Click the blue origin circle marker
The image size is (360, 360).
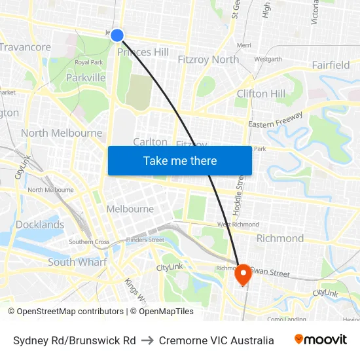click(117, 35)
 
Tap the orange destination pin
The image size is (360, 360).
click(243, 274)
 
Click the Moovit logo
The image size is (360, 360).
click(320, 340)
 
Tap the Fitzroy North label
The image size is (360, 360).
click(208, 60)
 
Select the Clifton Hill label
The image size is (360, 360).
click(261, 94)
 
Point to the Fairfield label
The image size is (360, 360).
click(331, 65)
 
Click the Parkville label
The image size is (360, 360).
click(86, 77)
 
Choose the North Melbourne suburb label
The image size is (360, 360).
click(62, 133)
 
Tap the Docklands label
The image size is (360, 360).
click(40, 225)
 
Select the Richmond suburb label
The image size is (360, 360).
click(279, 238)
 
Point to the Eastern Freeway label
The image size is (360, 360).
click(275, 120)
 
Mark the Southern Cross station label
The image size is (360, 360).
click(89, 242)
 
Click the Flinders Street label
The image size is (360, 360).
click(145, 240)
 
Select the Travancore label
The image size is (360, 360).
click(25, 47)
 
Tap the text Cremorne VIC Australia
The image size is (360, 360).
click(216, 340)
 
